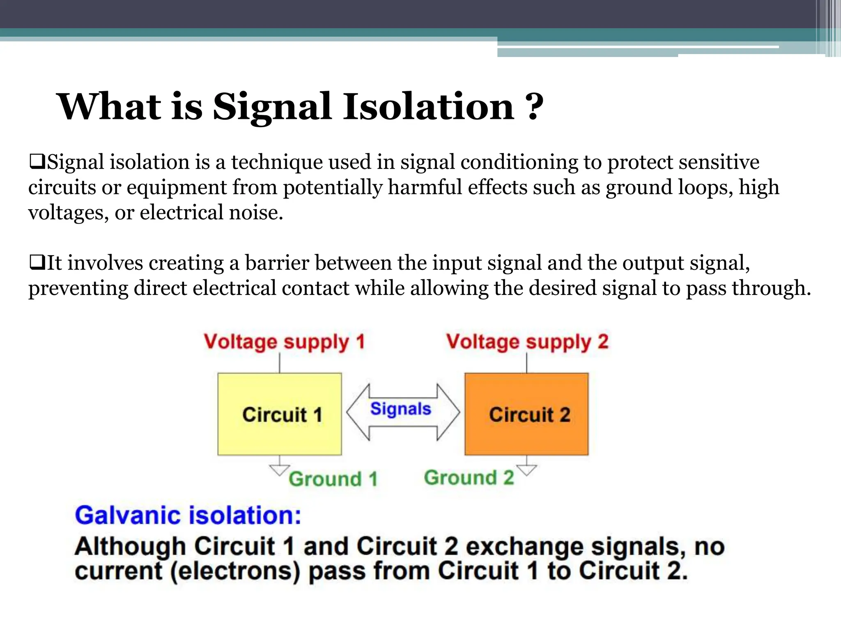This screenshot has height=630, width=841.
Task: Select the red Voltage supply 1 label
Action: (284, 342)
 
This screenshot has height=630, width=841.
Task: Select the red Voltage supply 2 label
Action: (527, 342)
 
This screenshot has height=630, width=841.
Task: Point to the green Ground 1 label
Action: (333, 479)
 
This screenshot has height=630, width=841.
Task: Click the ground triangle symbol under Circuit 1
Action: (280, 470)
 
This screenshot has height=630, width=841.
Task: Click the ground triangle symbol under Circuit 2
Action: (527, 470)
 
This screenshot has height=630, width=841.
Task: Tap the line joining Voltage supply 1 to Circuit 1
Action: (280, 363)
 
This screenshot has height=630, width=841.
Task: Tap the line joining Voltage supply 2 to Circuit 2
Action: (527, 363)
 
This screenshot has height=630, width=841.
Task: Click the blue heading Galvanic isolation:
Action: (188, 516)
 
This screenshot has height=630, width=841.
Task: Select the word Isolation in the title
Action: (429, 107)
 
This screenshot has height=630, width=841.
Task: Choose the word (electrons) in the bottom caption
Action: (235, 571)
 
